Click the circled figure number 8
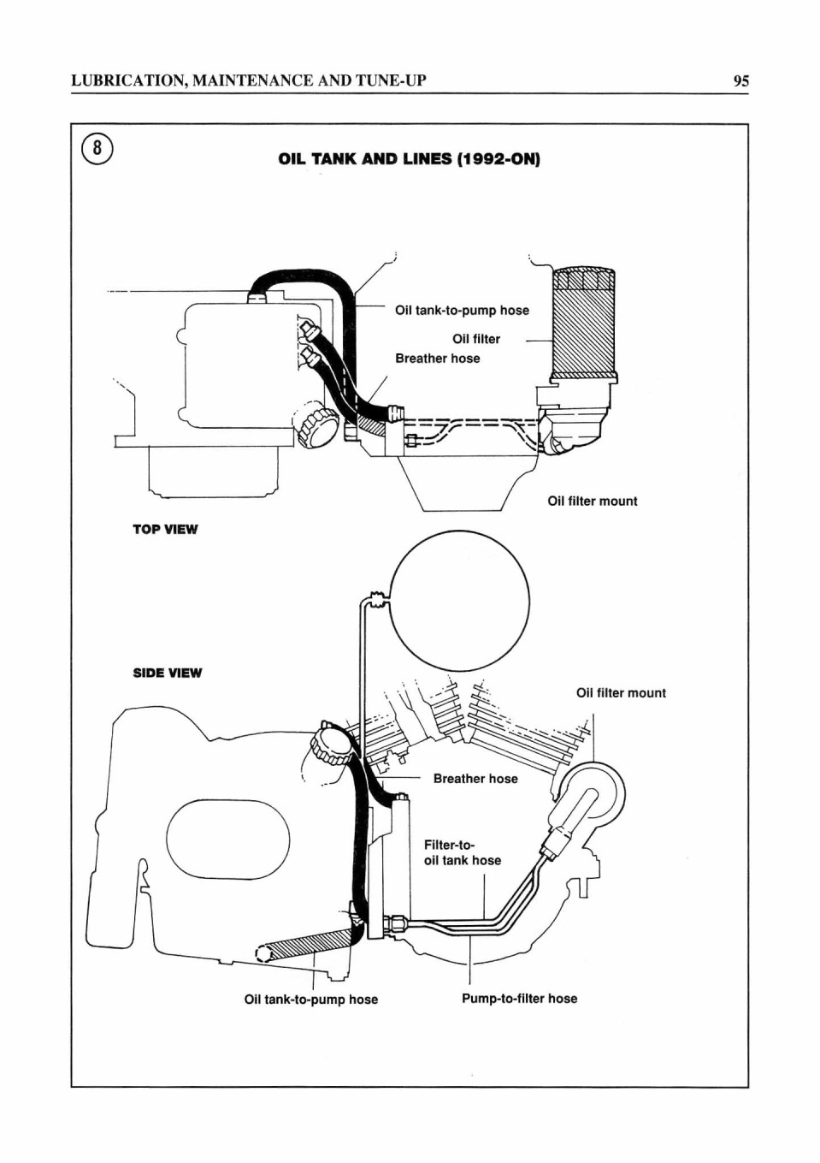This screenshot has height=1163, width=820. click(97, 149)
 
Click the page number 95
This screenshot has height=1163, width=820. click(740, 81)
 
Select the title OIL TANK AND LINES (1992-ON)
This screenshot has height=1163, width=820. click(410, 159)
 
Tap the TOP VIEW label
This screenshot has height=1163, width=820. click(165, 530)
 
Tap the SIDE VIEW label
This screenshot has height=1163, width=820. click(167, 673)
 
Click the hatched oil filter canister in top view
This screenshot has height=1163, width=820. click(585, 324)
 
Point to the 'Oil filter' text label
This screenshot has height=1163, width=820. click(476, 339)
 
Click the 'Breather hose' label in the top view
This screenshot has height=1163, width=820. click(437, 359)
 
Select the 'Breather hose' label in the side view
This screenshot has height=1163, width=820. click(475, 779)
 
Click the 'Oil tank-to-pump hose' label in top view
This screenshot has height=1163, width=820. click(462, 311)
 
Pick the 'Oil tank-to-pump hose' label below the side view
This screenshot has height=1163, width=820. click(310, 1000)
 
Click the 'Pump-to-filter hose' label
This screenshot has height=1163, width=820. click(519, 999)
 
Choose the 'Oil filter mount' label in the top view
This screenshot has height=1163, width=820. click(593, 501)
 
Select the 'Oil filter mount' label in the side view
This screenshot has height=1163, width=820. click(621, 692)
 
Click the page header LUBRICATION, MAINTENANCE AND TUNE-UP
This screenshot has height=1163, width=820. click(249, 81)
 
